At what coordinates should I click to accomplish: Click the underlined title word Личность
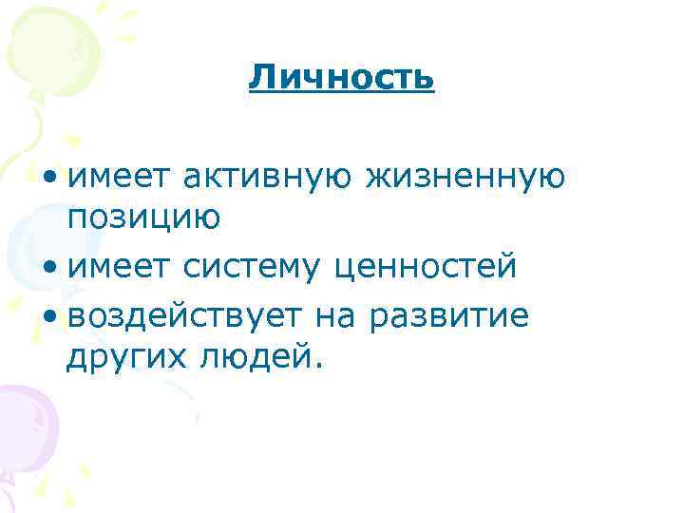(x=342, y=77)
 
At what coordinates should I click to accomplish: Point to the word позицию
(x=143, y=218)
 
